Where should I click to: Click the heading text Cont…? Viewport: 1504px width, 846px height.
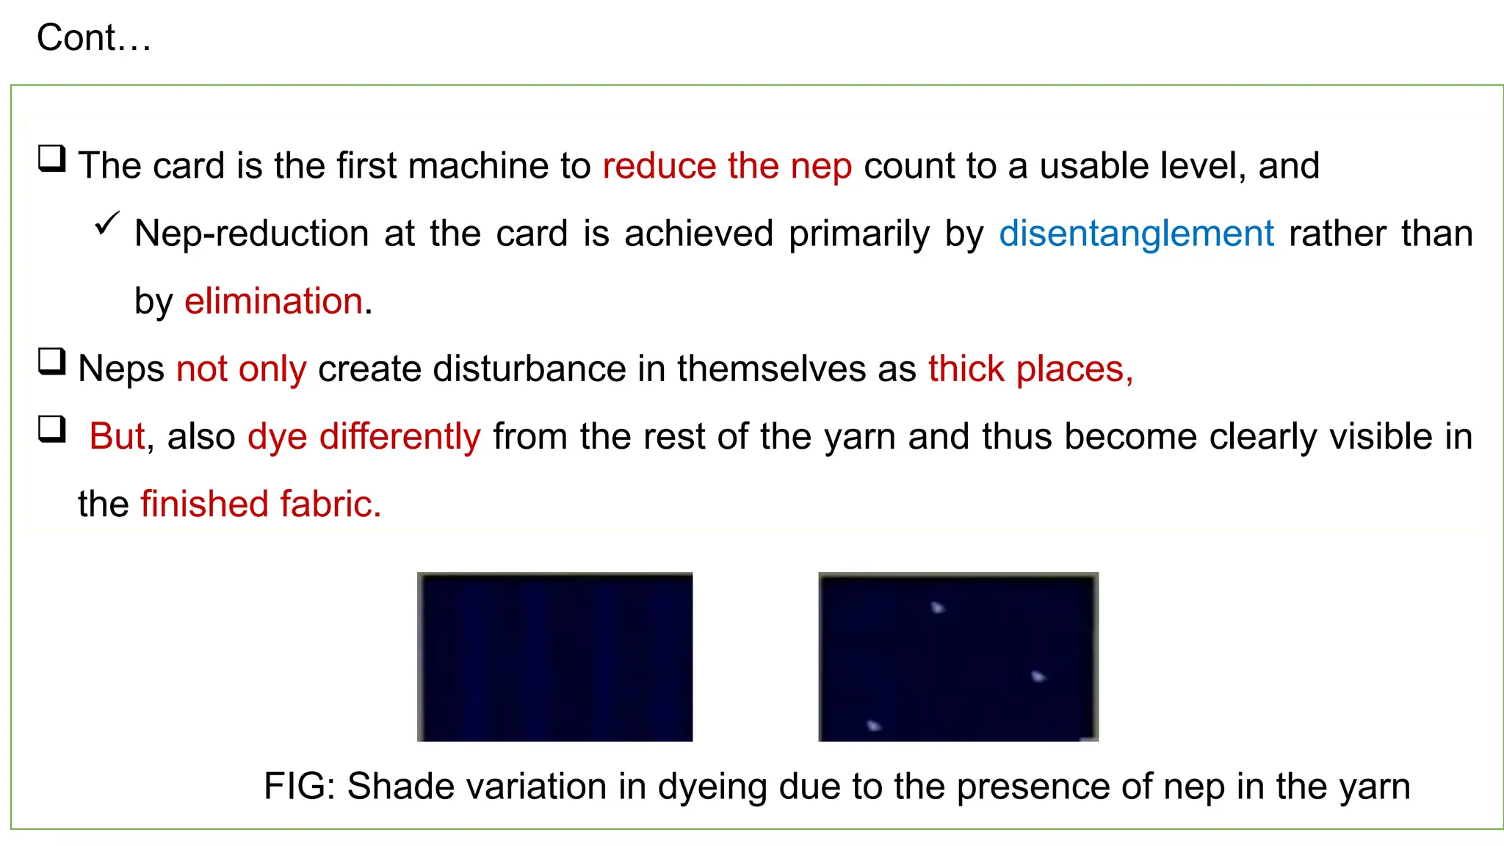tap(93, 38)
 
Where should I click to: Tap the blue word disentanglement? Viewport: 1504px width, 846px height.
tap(1136, 234)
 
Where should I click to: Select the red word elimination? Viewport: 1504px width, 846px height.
tap(274, 302)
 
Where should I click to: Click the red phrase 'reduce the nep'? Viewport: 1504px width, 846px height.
tap(727, 166)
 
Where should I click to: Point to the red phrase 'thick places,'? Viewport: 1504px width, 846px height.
tap(1030, 369)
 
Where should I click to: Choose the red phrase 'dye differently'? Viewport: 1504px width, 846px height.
tap(364, 437)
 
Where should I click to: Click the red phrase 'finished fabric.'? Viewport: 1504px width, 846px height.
tap(261, 505)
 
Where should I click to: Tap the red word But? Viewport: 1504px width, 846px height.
tap(117, 437)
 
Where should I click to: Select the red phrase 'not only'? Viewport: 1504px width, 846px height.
tap(241, 369)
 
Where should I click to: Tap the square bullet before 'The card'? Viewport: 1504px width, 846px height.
tap(52, 158)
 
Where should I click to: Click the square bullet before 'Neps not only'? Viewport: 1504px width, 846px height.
tap(52, 361)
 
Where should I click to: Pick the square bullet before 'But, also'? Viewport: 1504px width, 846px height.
tap(52, 429)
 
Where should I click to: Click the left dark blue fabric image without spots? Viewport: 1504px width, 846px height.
tap(555, 657)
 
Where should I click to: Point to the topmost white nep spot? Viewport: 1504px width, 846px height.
tap(938, 607)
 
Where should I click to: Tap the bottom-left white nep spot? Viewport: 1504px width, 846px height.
tap(874, 726)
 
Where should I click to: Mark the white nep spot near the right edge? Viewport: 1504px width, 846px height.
tap(1038, 676)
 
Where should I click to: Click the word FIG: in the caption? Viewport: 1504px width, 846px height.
tap(299, 787)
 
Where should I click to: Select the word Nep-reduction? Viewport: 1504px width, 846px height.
tap(252, 234)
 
